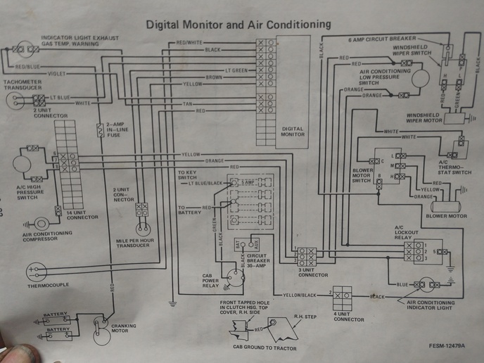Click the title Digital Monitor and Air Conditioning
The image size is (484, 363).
(x=238, y=25)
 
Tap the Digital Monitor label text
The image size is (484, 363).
(x=292, y=132)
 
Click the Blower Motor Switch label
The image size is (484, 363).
(x=362, y=176)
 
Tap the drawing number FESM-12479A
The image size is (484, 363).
(x=450, y=345)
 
